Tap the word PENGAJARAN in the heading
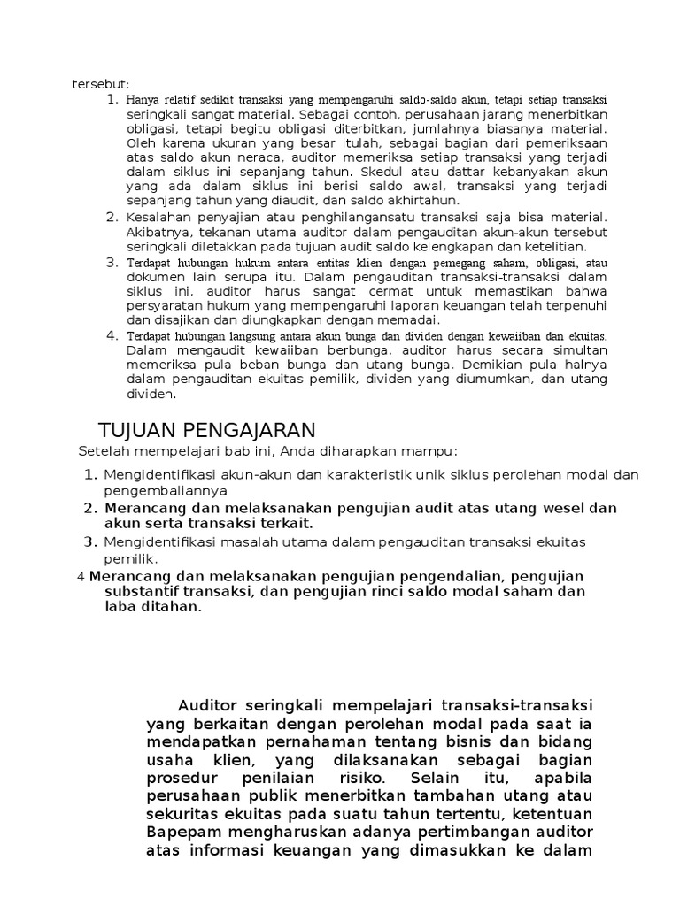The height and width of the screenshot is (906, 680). tap(250, 431)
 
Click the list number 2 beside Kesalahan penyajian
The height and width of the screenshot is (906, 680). tap(112, 217)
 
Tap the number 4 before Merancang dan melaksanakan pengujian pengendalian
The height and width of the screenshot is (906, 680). tap(81, 577)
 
